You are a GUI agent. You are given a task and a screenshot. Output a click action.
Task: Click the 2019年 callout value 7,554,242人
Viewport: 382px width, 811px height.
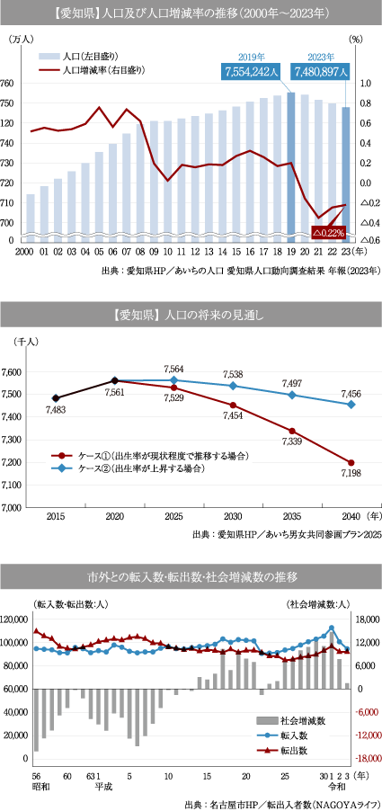[252, 71]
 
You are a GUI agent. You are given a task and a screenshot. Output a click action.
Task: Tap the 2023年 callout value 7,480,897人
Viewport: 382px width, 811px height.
[322, 71]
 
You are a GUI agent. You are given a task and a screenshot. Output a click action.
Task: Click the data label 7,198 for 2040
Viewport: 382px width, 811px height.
[351, 473]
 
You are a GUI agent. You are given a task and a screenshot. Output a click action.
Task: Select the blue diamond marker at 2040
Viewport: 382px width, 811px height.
[351, 405]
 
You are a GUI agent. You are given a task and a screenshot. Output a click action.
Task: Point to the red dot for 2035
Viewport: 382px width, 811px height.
[292, 431]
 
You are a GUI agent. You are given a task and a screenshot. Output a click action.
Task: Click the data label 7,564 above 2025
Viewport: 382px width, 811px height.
[173, 369]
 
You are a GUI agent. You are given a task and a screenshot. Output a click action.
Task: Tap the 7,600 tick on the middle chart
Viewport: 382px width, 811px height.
[12, 372]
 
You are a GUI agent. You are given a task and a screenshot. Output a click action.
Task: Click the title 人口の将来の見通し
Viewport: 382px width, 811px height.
[213, 316]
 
